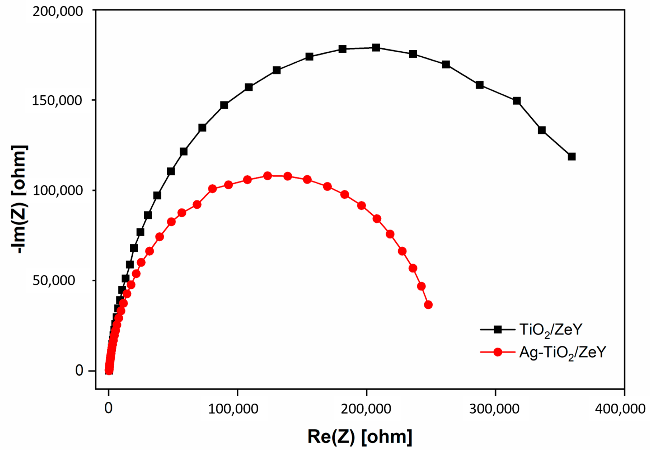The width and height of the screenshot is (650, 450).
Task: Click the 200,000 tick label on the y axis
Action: (58, 11)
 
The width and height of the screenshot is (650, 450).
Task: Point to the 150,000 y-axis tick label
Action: (57, 101)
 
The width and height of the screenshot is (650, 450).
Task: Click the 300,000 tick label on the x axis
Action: (494, 409)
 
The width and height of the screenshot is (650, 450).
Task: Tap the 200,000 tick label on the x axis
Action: (366, 409)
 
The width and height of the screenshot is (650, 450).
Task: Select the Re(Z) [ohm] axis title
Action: (360, 437)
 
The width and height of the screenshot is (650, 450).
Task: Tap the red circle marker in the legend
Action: (498, 352)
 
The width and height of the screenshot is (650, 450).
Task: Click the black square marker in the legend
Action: (498, 329)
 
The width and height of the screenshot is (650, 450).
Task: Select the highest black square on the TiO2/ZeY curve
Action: (376, 48)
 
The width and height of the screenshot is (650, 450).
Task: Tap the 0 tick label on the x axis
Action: (109, 409)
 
